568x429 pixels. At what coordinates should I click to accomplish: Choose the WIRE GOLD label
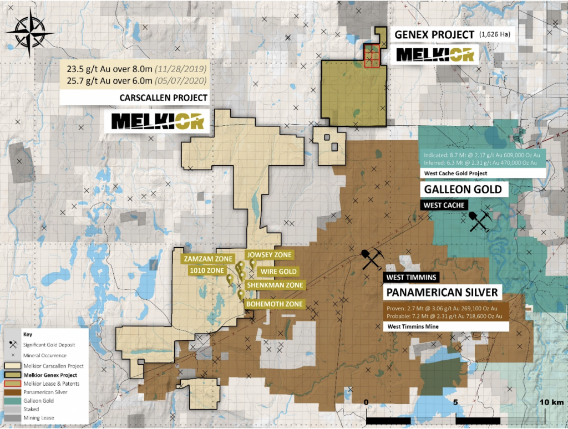tap(276, 272)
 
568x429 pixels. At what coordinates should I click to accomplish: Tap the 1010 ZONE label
tap(206, 270)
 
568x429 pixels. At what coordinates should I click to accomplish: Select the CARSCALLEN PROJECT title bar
tap(164, 98)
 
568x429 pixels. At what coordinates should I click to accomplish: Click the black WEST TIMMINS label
tap(412, 276)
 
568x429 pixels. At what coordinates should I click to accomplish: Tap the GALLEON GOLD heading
tap(463, 190)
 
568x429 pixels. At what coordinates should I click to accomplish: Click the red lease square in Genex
tap(372, 56)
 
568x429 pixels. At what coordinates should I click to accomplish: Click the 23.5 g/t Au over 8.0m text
tap(136, 70)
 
